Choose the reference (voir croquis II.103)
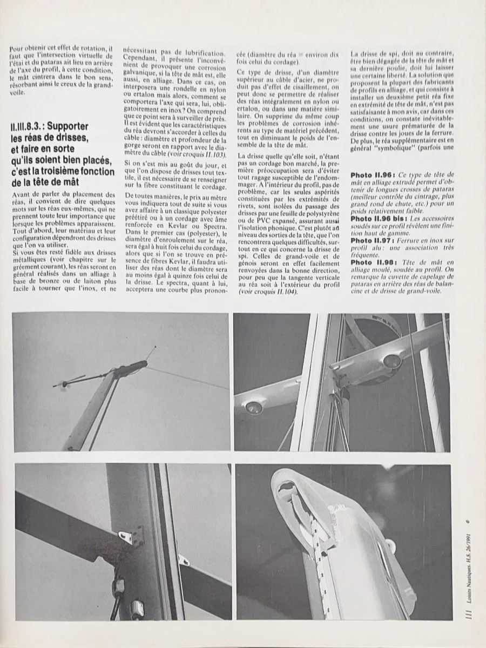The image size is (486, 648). point(196,153)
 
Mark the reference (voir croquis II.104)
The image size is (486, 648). point(267,292)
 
